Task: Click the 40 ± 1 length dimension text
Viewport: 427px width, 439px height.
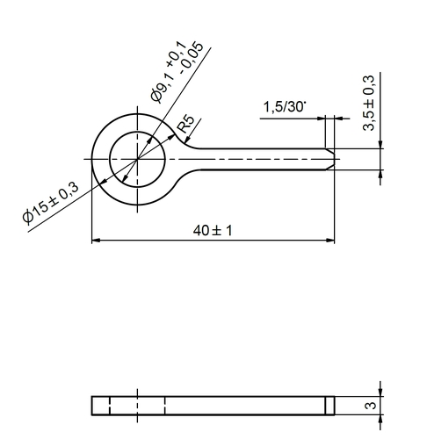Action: [214, 230]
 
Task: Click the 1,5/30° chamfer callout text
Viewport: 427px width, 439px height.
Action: [284, 107]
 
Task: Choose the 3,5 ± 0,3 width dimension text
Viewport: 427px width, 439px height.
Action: [369, 104]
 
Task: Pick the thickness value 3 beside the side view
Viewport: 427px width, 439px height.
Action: [372, 406]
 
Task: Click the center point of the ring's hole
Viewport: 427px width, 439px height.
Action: [137, 158]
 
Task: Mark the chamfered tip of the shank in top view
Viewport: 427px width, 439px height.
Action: [333, 158]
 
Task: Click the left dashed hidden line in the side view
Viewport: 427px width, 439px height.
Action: [110, 405]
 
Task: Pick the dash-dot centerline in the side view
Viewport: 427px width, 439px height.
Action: [137, 405]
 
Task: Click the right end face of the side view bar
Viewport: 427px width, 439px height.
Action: [336, 405]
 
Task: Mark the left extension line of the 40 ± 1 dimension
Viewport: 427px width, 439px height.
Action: [91, 211]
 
